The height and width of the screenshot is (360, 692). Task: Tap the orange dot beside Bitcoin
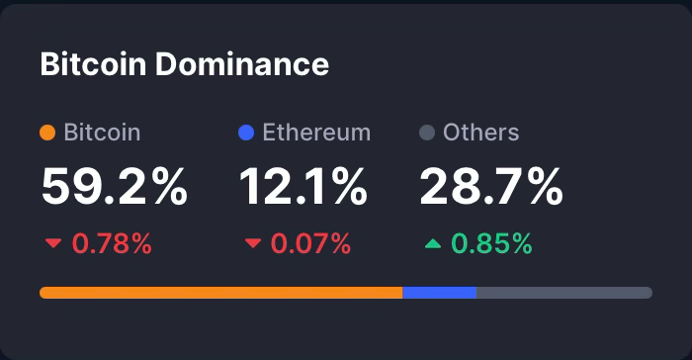click(x=46, y=133)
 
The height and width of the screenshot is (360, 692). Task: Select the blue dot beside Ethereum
click(x=246, y=133)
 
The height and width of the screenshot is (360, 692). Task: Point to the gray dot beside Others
click(x=427, y=133)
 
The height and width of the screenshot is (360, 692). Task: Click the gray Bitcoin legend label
click(x=102, y=133)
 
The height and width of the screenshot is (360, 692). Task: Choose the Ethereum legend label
click(x=316, y=133)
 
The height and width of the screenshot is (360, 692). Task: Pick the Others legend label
click(x=481, y=133)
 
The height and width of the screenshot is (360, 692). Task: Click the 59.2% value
click(x=114, y=187)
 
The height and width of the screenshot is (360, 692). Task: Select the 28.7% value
click(x=491, y=187)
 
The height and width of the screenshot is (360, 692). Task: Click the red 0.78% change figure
click(x=113, y=243)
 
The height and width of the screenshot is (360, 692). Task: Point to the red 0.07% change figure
click(x=311, y=243)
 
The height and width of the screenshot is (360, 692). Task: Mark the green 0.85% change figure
click(x=492, y=243)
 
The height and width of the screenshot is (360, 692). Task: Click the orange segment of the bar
click(x=220, y=293)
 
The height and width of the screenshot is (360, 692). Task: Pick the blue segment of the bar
click(x=439, y=293)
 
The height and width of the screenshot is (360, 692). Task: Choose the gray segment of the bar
click(x=563, y=293)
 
